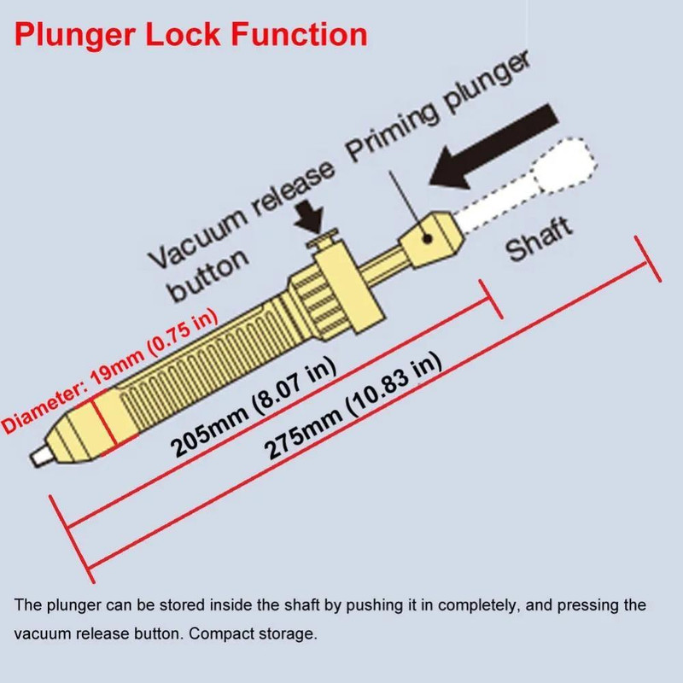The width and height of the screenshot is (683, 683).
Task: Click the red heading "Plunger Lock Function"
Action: (x=191, y=35)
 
